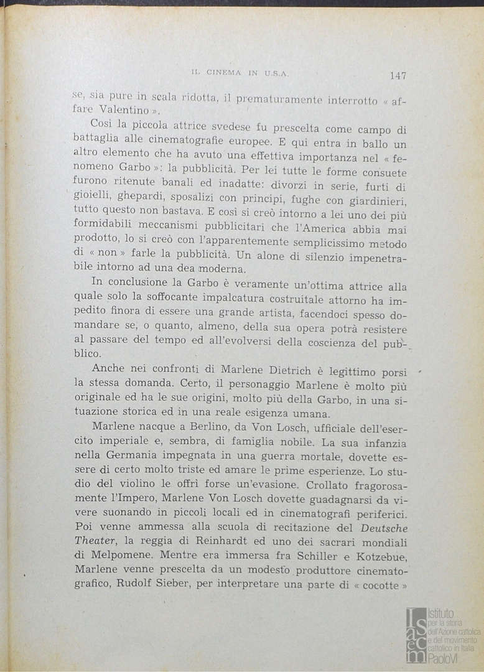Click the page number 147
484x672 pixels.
pyautogui.click(x=398, y=76)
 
